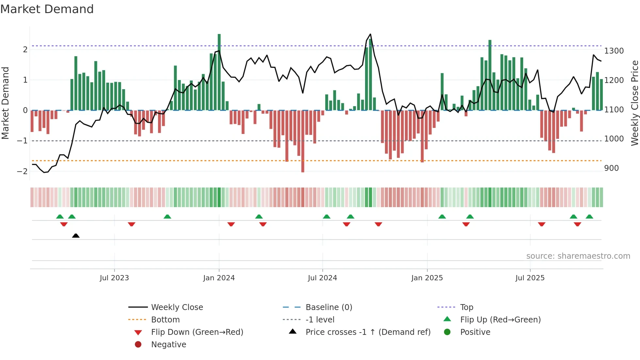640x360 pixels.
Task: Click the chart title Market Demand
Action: (x=47, y=9)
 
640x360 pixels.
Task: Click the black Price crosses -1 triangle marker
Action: (x=76, y=236)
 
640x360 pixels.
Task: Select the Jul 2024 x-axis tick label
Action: (x=322, y=278)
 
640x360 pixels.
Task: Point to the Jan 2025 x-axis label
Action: (x=427, y=278)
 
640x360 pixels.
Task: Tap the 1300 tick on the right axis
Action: (x=614, y=51)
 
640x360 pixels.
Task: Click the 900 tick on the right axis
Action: (x=611, y=168)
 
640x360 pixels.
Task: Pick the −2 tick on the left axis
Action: (x=22, y=171)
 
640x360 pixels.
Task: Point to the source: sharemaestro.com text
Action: (x=578, y=256)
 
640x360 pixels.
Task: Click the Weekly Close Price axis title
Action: (x=634, y=103)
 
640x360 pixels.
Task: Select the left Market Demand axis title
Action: (x=5, y=103)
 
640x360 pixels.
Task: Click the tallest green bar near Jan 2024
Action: (x=219, y=72)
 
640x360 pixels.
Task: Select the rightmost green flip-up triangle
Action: (x=589, y=217)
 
